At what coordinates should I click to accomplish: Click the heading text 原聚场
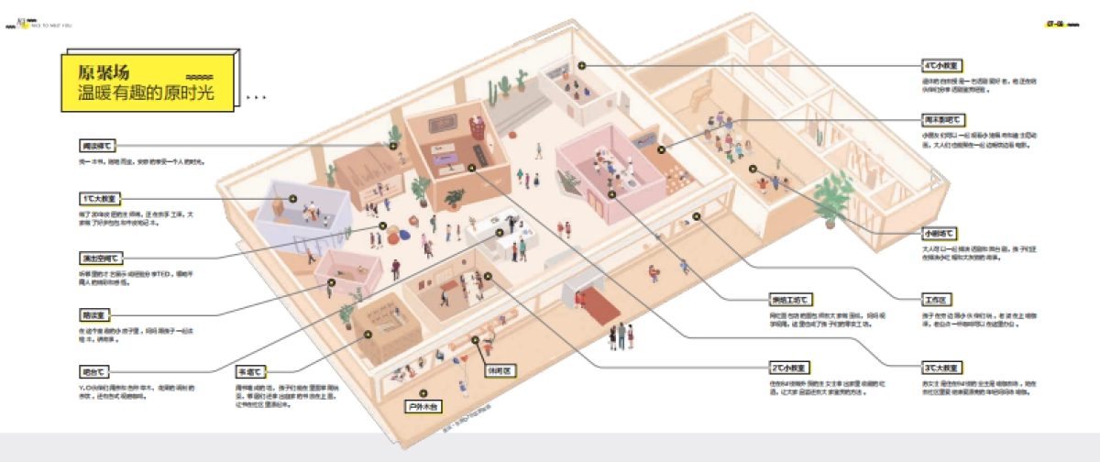[x=104, y=72]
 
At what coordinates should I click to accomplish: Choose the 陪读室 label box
[x=94, y=314]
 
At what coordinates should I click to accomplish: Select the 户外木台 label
[x=424, y=404]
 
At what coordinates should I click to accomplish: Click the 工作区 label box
[x=936, y=300]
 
